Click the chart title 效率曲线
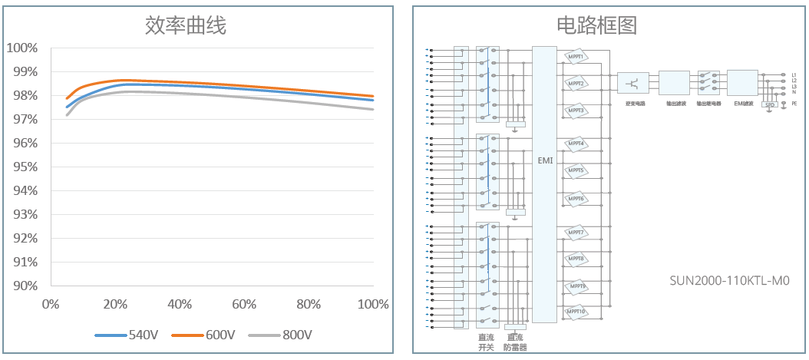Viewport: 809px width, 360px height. pyautogui.click(x=186, y=25)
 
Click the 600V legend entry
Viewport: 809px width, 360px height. pyautogui.click(x=219, y=335)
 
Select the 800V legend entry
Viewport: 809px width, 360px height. pyautogui.click(x=296, y=335)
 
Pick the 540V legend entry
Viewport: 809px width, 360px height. pyautogui.click(x=143, y=335)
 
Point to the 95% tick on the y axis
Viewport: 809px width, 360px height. pyautogui.click(x=22, y=167)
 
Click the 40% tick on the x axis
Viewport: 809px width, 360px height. pyautogui.click(x=179, y=305)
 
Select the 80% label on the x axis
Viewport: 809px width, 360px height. pyautogui.click(x=309, y=305)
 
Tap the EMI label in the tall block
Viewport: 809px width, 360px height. pyautogui.click(x=545, y=162)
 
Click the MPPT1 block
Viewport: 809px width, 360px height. pyautogui.click(x=576, y=58)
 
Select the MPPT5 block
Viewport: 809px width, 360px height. pyautogui.click(x=576, y=171)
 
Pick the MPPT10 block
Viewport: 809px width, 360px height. pyautogui.click(x=576, y=312)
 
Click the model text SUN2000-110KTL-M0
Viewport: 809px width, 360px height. pyautogui.click(x=728, y=281)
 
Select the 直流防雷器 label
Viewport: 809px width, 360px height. pyautogui.click(x=515, y=342)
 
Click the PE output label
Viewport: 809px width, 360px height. pyautogui.click(x=794, y=103)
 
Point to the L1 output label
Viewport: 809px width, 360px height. pyautogui.click(x=794, y=75)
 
